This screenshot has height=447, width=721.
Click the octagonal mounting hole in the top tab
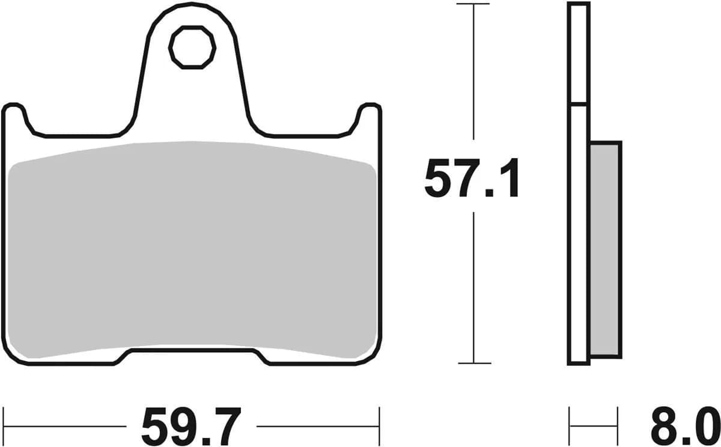point(192,47)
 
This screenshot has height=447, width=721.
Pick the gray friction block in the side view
point(605,249)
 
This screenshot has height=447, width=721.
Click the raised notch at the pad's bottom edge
point(192,354)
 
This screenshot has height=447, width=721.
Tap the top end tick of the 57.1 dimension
point(474,4)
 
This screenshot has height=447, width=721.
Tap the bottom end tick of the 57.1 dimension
point(474,363)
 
